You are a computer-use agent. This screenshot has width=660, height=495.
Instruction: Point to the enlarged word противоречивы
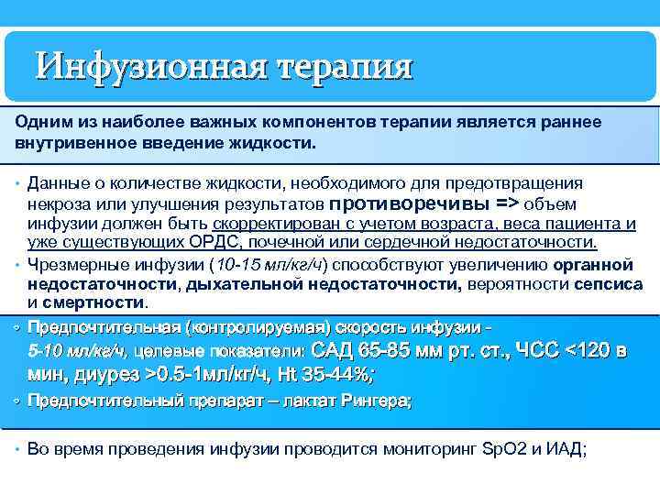pyautogui.click(x=410, y=203)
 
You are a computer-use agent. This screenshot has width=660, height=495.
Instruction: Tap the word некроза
pyautogui.click(x=57, y=203)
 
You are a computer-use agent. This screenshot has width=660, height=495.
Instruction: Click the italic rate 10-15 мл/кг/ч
pyautogui.click(x=268, y=265)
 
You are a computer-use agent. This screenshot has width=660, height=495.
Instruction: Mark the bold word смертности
pyautogui.click(x=101, y=302)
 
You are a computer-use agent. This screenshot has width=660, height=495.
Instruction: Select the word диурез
pyautogui.click(x=103, y=374)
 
